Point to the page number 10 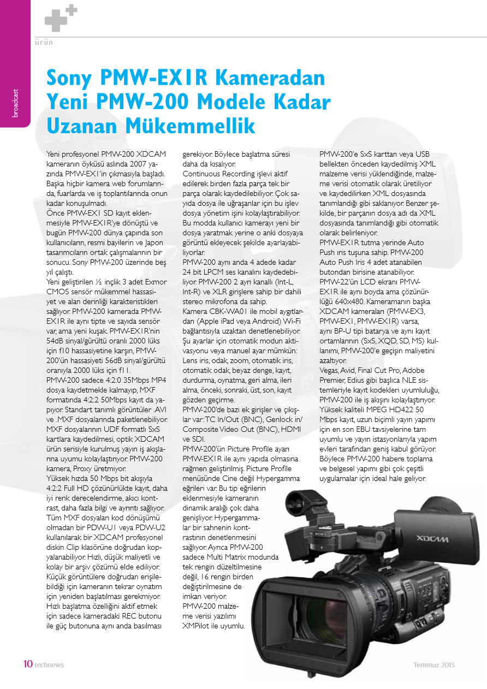(28, 664)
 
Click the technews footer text (49, 665)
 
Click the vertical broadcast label (15, 103)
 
